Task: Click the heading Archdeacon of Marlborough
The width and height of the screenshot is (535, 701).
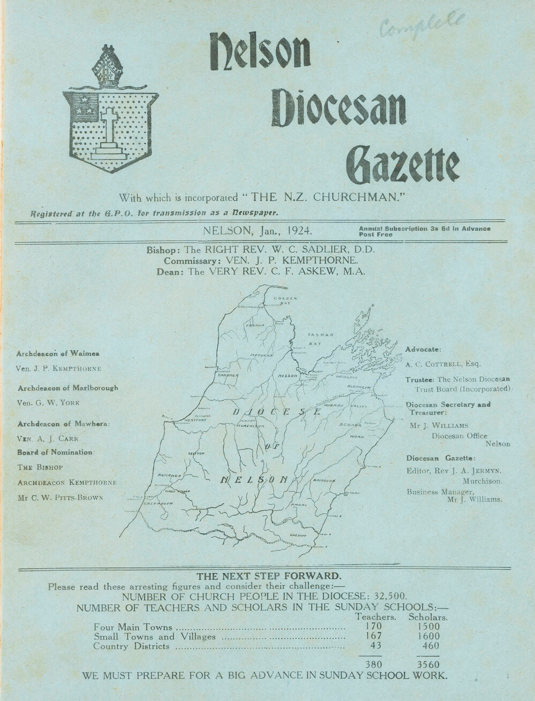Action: (x=67, y=387)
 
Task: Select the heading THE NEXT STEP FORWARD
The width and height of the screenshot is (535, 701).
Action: (x=268, y=576)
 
